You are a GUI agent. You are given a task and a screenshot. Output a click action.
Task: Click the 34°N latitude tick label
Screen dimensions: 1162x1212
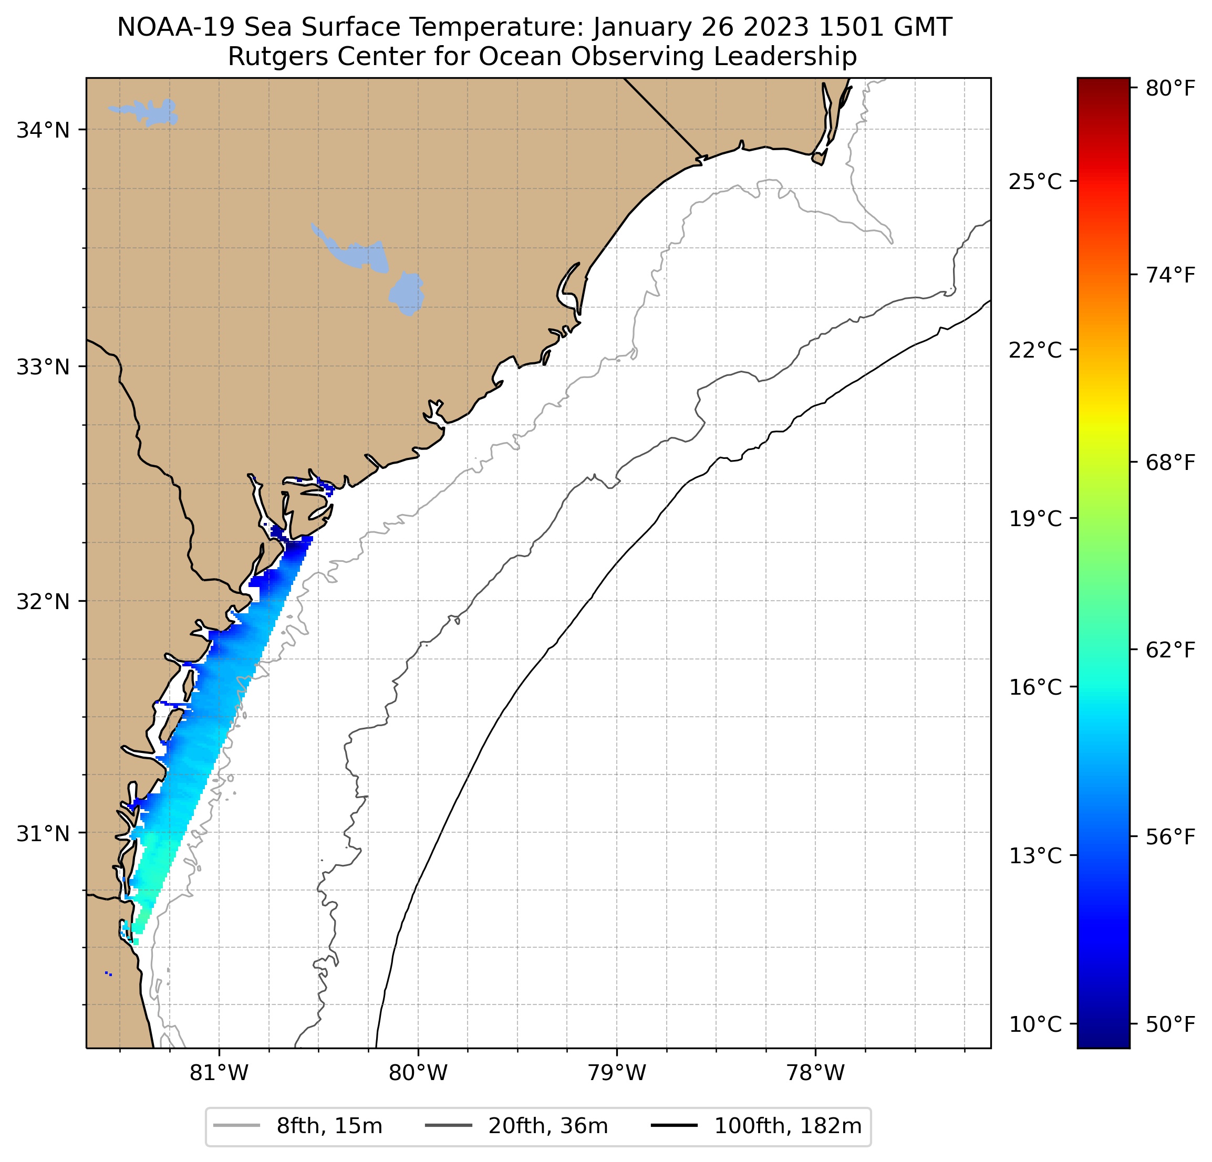[x=42, y=130]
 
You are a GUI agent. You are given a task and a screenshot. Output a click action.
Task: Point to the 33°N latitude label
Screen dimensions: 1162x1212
[x=42, y=367]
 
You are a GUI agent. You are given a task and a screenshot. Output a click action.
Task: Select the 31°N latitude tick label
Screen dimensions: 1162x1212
[x=42, y=834]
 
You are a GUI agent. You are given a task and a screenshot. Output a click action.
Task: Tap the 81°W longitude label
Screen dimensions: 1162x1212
[x=219, y=1073]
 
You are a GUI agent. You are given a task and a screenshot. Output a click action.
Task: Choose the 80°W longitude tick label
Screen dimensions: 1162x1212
[x=418, y=1073]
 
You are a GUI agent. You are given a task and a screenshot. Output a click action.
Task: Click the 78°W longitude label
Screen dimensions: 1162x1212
[x=815, y=1073]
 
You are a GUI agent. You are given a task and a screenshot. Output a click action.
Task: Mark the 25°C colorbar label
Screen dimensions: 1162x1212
[x=1034, y=182]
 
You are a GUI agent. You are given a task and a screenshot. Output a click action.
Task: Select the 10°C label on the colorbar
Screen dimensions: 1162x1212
[x=1034, y=1024]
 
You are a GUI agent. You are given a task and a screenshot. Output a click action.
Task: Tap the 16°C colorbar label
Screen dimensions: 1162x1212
[x=1034, y=687]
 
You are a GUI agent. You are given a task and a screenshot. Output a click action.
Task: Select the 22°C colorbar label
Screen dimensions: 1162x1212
[x=1034, y=350]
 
